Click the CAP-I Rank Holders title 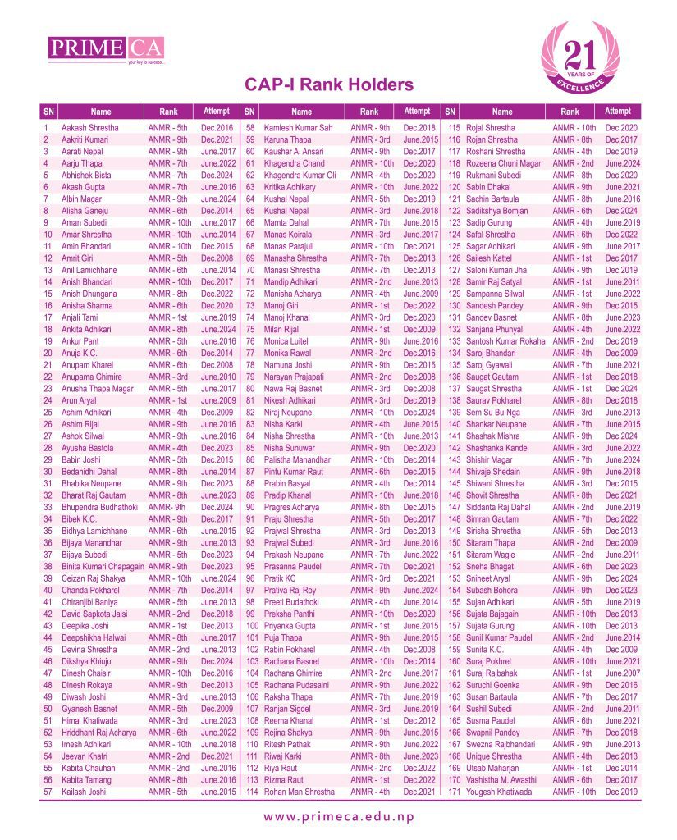(328, 85)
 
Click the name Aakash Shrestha (90, 128)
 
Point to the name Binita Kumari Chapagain (103, 567)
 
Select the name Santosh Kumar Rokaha (505, 340)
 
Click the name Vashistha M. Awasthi (501, 780)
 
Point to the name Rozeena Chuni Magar (504, 163)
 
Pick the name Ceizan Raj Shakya (94, 578)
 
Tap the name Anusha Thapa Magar (98, 388)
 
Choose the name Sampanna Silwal (495, 294)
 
